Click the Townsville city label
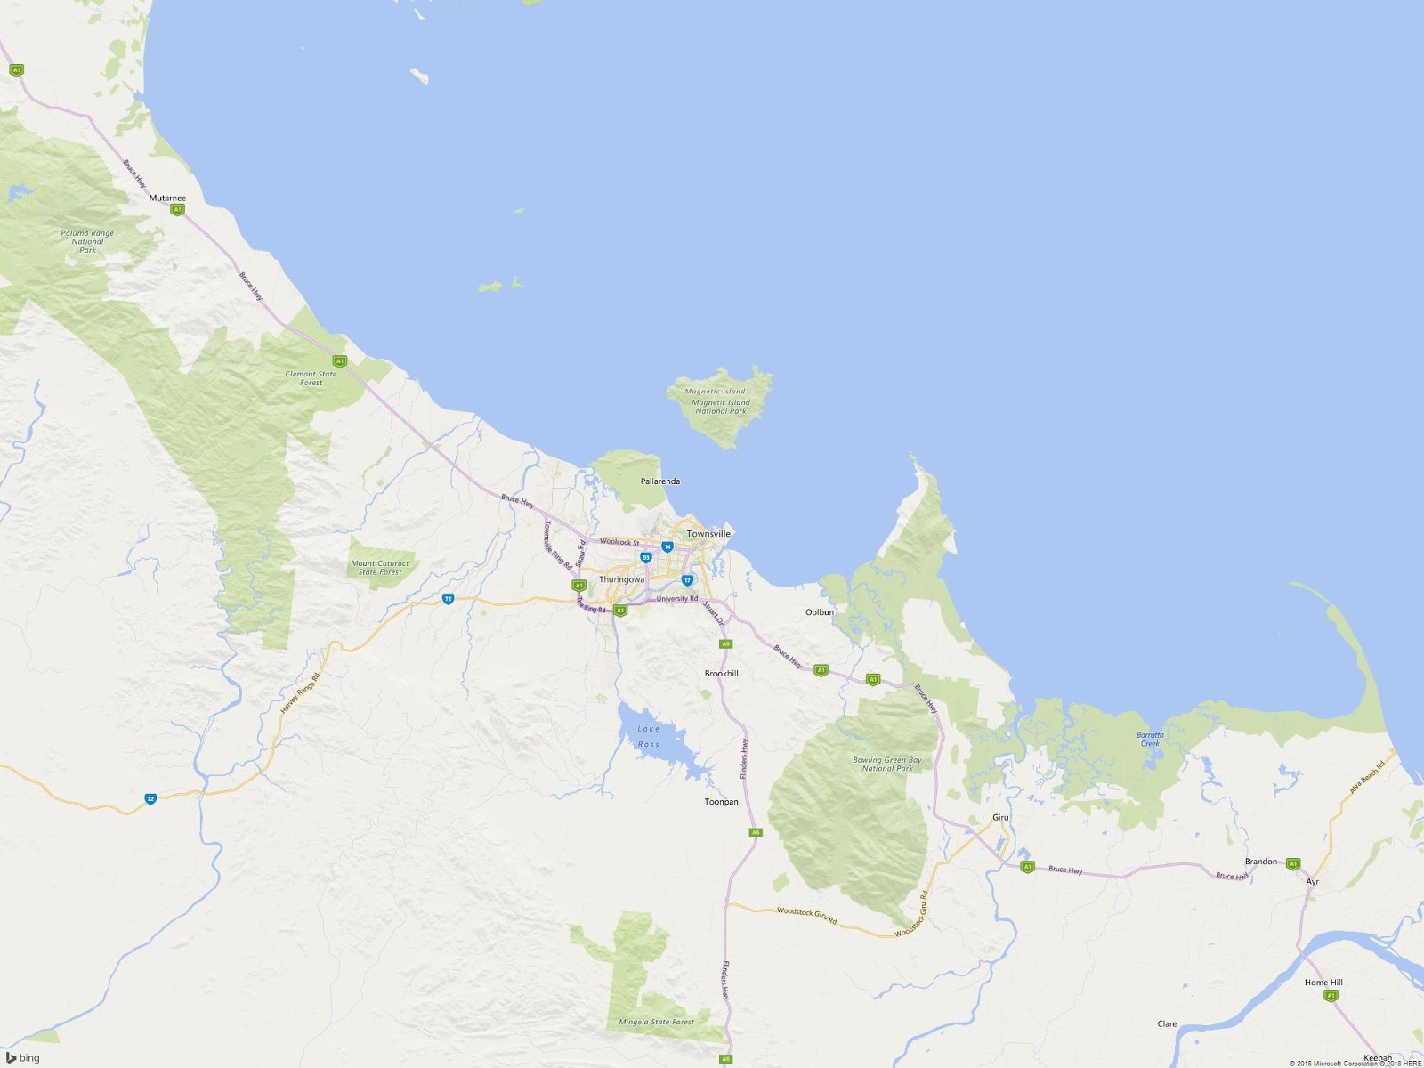708,533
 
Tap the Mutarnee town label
167,198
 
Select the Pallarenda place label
660,481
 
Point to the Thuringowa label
621,579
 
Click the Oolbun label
820,612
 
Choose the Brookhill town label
721,673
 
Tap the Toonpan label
721,801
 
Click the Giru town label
1000,817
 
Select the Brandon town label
1260,862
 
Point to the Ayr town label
1312,882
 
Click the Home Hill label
1323,983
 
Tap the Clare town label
1167,1023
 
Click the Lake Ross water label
649,736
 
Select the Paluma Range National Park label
87,241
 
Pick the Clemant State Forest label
311,378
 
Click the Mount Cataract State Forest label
380,567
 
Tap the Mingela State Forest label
656,1022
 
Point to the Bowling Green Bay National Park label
887,764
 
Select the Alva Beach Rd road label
1367,776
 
